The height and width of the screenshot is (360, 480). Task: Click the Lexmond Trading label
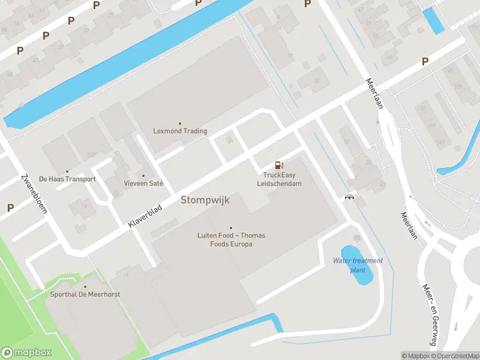point(180,131)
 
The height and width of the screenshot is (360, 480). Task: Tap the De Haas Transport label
point(67,179)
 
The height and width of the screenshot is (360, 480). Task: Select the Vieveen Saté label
point(143,183)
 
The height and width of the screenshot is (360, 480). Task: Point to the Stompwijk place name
point(205,200)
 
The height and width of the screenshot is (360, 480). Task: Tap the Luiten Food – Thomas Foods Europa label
point(231,239)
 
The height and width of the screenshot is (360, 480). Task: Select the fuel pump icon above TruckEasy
point(278,164)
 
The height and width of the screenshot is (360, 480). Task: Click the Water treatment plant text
point(358,265)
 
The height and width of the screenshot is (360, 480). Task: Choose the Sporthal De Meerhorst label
point(85,295)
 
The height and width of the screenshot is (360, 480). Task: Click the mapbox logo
point(26,353)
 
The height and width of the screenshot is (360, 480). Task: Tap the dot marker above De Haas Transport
point(67,171)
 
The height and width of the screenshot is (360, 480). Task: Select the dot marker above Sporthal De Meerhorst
point(85,287)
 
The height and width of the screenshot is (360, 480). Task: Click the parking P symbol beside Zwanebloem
point(10,208)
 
